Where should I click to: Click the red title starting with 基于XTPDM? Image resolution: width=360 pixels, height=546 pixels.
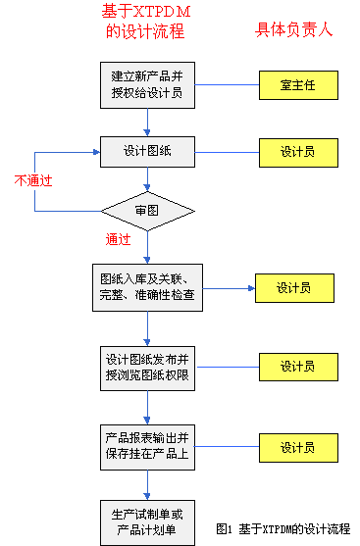click(143, 22)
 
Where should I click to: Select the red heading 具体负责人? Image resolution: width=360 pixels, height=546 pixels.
click(294, 29)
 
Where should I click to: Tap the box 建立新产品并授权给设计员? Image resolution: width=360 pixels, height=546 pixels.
click(148, 85)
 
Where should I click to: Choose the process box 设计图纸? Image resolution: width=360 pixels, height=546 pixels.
click(148, 152)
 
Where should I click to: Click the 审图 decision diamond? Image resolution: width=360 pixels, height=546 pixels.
click(148, 209)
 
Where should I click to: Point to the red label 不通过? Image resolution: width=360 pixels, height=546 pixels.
click(32, 180)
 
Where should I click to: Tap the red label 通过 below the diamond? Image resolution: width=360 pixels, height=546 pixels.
click(119, 239)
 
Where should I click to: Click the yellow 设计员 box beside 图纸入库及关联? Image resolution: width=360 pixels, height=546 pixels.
click(293, 288)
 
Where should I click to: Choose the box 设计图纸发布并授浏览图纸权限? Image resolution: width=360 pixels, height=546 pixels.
click(148, 367)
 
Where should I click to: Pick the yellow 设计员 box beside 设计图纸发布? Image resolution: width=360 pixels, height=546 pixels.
click(295, 367)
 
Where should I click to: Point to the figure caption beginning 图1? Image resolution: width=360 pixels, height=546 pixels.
click(283, 528)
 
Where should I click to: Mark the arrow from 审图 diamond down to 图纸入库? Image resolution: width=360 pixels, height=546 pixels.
click(148, 245)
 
